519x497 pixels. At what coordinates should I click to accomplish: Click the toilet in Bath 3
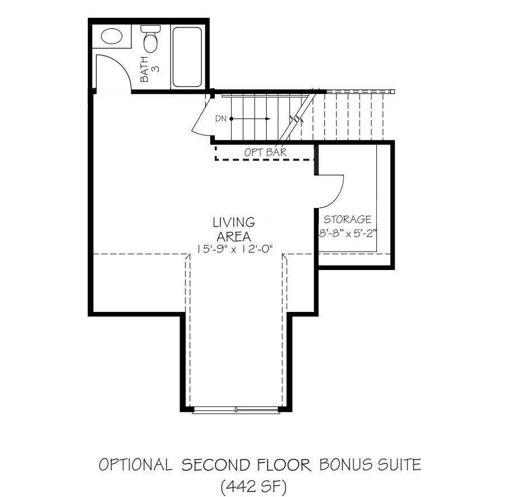pyautogui.click(x=149, y=40)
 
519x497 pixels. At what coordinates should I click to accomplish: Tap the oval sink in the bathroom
pyautogui.click(x=112, y=37)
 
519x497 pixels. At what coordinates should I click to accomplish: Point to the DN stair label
pyautogui.click(x=220, y=119)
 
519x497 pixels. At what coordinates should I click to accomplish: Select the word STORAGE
pyautogui.click(x=347, y=220)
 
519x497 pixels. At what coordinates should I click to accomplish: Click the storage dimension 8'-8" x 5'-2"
pyautogui.click(x=347, y=234)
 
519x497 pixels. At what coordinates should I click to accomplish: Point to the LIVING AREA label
pyautogui.click(x=233, y=229)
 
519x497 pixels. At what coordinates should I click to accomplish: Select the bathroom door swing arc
pyautogui.click(x=115, y=70)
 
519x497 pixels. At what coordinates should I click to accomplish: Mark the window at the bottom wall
pyautogui.click(x=235, y=410)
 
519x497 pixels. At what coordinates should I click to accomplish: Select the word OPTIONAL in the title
pyautogui.click(x=135, y=465)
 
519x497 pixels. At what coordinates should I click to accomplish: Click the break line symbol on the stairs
pyautogui.click(x=296, y=119)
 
